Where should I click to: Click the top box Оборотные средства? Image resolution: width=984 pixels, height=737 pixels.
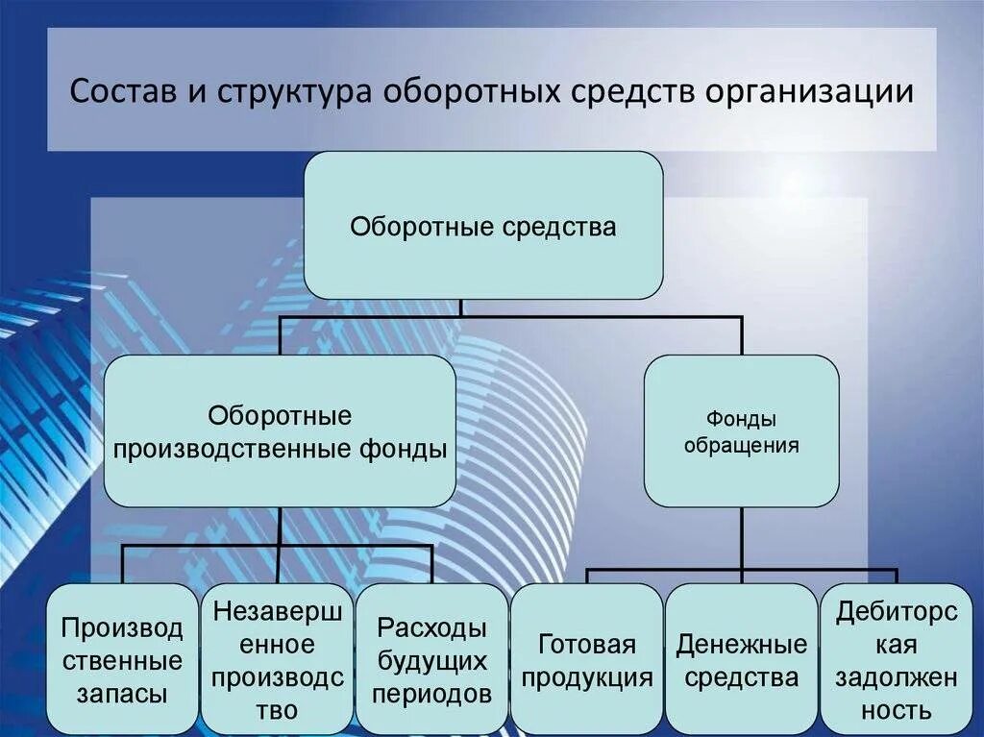(483, 227)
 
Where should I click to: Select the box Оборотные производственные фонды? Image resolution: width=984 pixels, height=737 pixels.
(279, 432)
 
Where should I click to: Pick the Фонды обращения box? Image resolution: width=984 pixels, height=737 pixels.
(741, 432)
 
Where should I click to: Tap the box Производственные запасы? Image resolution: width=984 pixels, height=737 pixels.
(122, 660)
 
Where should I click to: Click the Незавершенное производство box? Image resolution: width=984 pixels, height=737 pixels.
(278, 660)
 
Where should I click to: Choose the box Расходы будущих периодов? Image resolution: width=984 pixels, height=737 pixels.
(432, 660)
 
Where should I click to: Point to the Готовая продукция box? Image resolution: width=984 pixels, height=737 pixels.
(586, 660)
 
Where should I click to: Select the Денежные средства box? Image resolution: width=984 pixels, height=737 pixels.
(741, 660)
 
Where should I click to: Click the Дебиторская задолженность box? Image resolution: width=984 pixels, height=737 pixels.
(897, 660)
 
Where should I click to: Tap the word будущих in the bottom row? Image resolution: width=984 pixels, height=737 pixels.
(432, 661)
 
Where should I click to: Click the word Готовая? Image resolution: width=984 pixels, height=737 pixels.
(586, 644)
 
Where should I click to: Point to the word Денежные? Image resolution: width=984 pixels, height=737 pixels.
(741, 644)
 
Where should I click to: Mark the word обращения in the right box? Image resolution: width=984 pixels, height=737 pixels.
(741, 446)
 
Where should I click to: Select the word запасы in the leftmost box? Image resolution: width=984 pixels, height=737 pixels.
(122, 693)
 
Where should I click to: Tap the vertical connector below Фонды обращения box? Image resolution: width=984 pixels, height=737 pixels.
(742, 538)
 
